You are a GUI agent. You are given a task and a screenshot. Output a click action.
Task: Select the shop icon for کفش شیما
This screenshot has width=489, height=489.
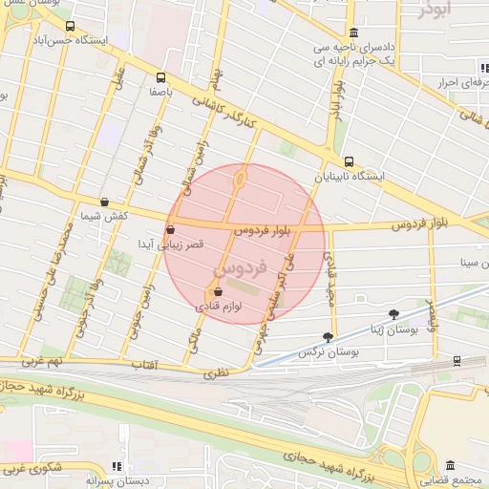103,202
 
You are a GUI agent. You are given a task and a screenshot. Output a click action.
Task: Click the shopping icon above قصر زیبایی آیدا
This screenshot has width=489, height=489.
171,229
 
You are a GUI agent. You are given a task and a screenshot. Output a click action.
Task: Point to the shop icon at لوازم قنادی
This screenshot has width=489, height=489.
218,292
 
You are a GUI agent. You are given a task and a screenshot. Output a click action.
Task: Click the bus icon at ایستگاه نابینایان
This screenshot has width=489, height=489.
349,161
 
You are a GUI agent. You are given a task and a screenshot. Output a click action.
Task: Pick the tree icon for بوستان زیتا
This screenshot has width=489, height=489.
394,313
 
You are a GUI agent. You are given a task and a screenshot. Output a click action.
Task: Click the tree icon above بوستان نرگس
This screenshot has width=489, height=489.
329,336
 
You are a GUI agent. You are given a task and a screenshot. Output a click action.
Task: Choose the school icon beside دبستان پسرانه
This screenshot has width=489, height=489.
117,466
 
